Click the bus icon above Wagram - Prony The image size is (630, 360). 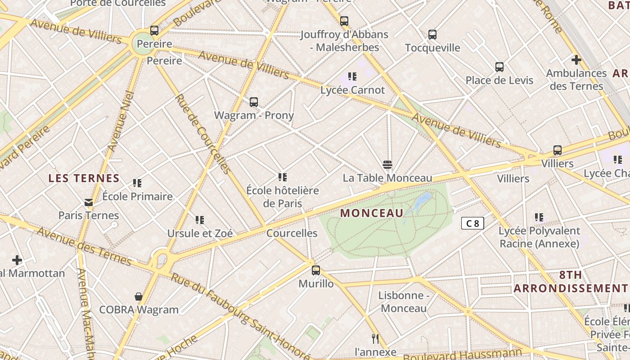click(x=254, y=102)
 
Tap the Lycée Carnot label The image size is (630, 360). click(x=352, y=90)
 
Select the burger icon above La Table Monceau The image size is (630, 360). click(x=387, y=164)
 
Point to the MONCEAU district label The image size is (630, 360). click(x=372, y=213)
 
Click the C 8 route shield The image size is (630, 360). click(x=472, y=223)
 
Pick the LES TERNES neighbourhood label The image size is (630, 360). click(x=84, y=178)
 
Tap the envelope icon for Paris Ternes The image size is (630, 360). click(x=89, y=202)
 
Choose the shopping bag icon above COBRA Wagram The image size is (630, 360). click(x=139, y=297)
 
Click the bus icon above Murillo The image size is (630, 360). click(x=316, y=270)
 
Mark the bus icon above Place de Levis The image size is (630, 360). click(x=499, y=67)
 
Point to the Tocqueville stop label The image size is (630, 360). click(x=432, y=48)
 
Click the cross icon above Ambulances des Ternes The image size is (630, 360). click(x=576, y=59)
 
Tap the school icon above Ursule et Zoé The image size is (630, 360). click(x=200, y=220)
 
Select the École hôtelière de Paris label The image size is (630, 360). click(x=283, y=197)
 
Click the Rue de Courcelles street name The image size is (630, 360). click(x=202, y=134)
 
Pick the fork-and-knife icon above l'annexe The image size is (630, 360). click(x=375, y=338)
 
